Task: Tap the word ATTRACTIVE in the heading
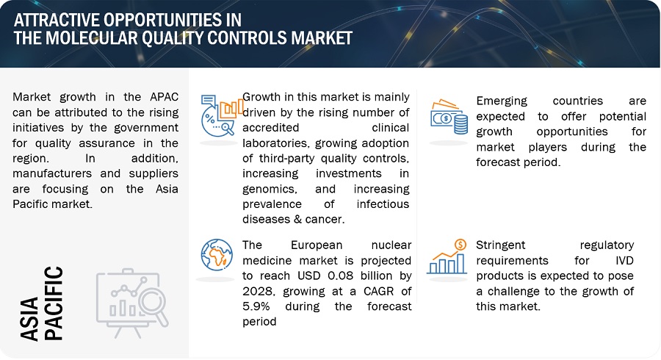pyautogui.click(x=56, y=20)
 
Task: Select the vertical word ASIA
pyautogui.click(x=29, y=319)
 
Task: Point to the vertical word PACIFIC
pyautogui.click(x=54, y=303)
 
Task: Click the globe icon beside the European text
pyautogui.click(x=217, y=255)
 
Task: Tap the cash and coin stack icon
pyautogui.click(x=449, y=117)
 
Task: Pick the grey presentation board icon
pyautogui.click(x=132, y=303)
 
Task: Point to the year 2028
pyautogui.click(x=259, y=291)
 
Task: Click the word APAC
pyautogui.click(x=164, y=97)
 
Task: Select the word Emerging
pyautogui.click(x=502, y=101)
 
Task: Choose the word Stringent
pyautogui.click(x=501, y=245)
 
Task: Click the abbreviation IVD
pyautogui.click(x=624, y=261)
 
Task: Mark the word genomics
pyautogui.click(x=270, y=190)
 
